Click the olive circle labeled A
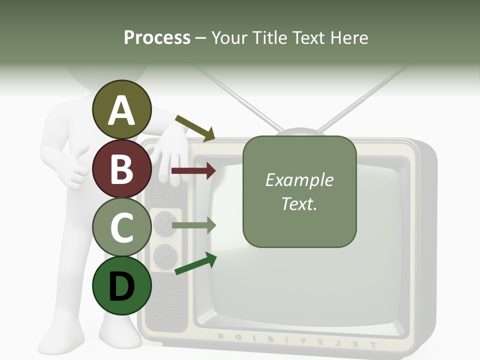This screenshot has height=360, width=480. (x=121, y=109)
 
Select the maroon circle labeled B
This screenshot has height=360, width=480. (x=121, y=168)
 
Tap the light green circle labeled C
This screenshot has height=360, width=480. (x=121, y=227)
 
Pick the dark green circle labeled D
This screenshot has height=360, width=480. (x=121, y=286)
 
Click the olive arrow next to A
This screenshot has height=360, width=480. (x=195, y=128)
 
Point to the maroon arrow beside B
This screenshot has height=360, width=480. (x=193, y=171)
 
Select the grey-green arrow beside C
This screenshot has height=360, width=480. (x=194, y=225)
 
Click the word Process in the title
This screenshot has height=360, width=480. (x=157, y=37)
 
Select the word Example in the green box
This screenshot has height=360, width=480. (x=299, y=180)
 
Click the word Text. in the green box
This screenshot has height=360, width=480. (x=299, y=203)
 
